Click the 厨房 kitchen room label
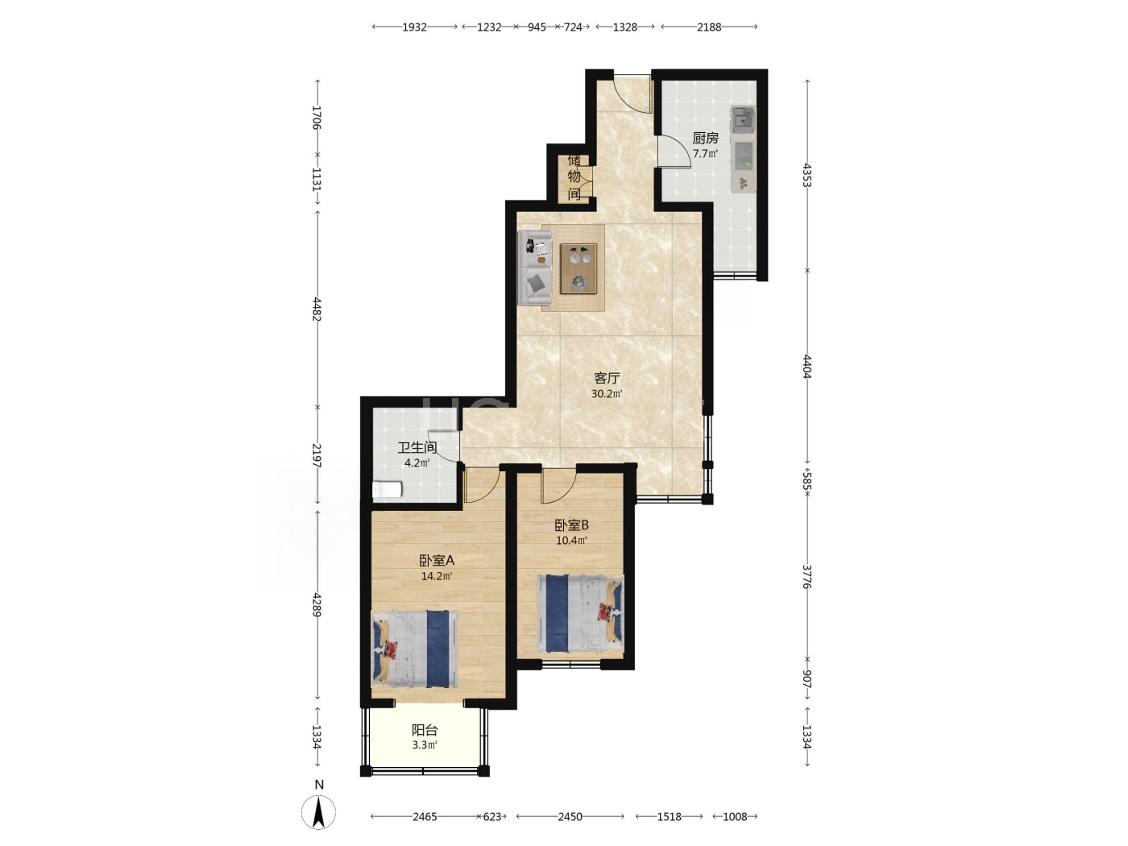705,138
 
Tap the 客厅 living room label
607,379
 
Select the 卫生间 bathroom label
417,448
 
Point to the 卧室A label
437,561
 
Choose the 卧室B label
571,525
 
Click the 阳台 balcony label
425,730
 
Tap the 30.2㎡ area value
607,394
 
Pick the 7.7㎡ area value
705,154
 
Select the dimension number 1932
414,27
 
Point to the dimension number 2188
709,27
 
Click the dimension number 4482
317,309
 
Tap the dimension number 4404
807,367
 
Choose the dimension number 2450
570,817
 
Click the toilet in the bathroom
387,490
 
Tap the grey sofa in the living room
535,267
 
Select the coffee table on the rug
579,268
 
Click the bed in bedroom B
580,614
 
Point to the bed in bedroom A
415,649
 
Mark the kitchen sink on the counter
743,118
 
